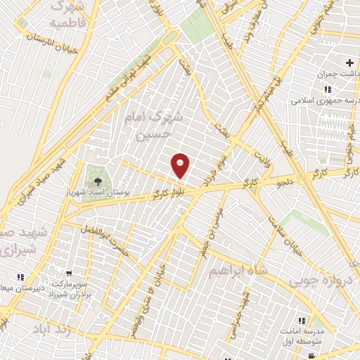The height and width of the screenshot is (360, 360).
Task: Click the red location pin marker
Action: click(181, 165)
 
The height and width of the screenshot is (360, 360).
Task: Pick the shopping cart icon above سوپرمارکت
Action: click(69, 274)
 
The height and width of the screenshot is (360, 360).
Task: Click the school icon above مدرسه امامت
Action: click(302, 320)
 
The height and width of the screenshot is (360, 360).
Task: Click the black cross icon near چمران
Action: click(349, 63)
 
